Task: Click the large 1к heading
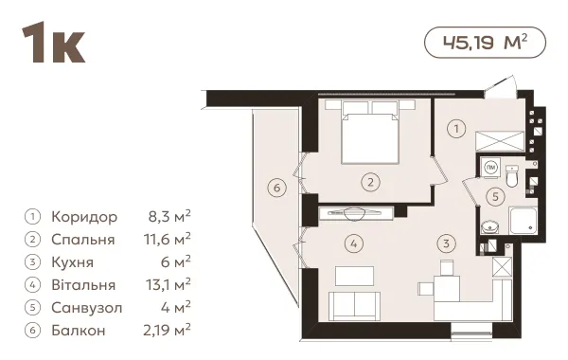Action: point(53,43)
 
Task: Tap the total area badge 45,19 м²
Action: point(485,43)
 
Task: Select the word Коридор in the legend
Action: point(84,217)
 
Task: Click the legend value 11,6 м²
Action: point(167,240)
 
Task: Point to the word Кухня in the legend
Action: point(73,262)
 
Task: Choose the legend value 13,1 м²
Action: point(169,284)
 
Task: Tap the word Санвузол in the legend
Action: point(87,308)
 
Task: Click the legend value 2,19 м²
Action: point(167,330)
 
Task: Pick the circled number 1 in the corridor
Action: point(456,128)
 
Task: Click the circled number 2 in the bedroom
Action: point(370,182)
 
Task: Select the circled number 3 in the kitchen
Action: point(446,243)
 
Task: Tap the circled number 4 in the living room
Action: point(354,243)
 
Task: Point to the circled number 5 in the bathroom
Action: point(495,196)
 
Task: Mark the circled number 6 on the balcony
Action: point(277,188)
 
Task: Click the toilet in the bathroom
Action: point(512,176)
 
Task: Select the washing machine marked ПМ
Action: point(490,167)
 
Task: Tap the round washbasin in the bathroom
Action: point(489,226)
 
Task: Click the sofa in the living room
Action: point(355,305)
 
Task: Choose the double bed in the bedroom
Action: point(370,132)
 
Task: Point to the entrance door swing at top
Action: point(500,86)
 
